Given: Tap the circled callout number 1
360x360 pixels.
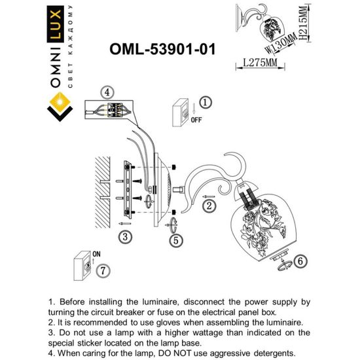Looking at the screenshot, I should pos(204,103).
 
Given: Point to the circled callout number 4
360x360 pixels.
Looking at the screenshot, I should pos(107,92).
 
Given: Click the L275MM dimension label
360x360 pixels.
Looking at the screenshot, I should pos(257,63).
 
